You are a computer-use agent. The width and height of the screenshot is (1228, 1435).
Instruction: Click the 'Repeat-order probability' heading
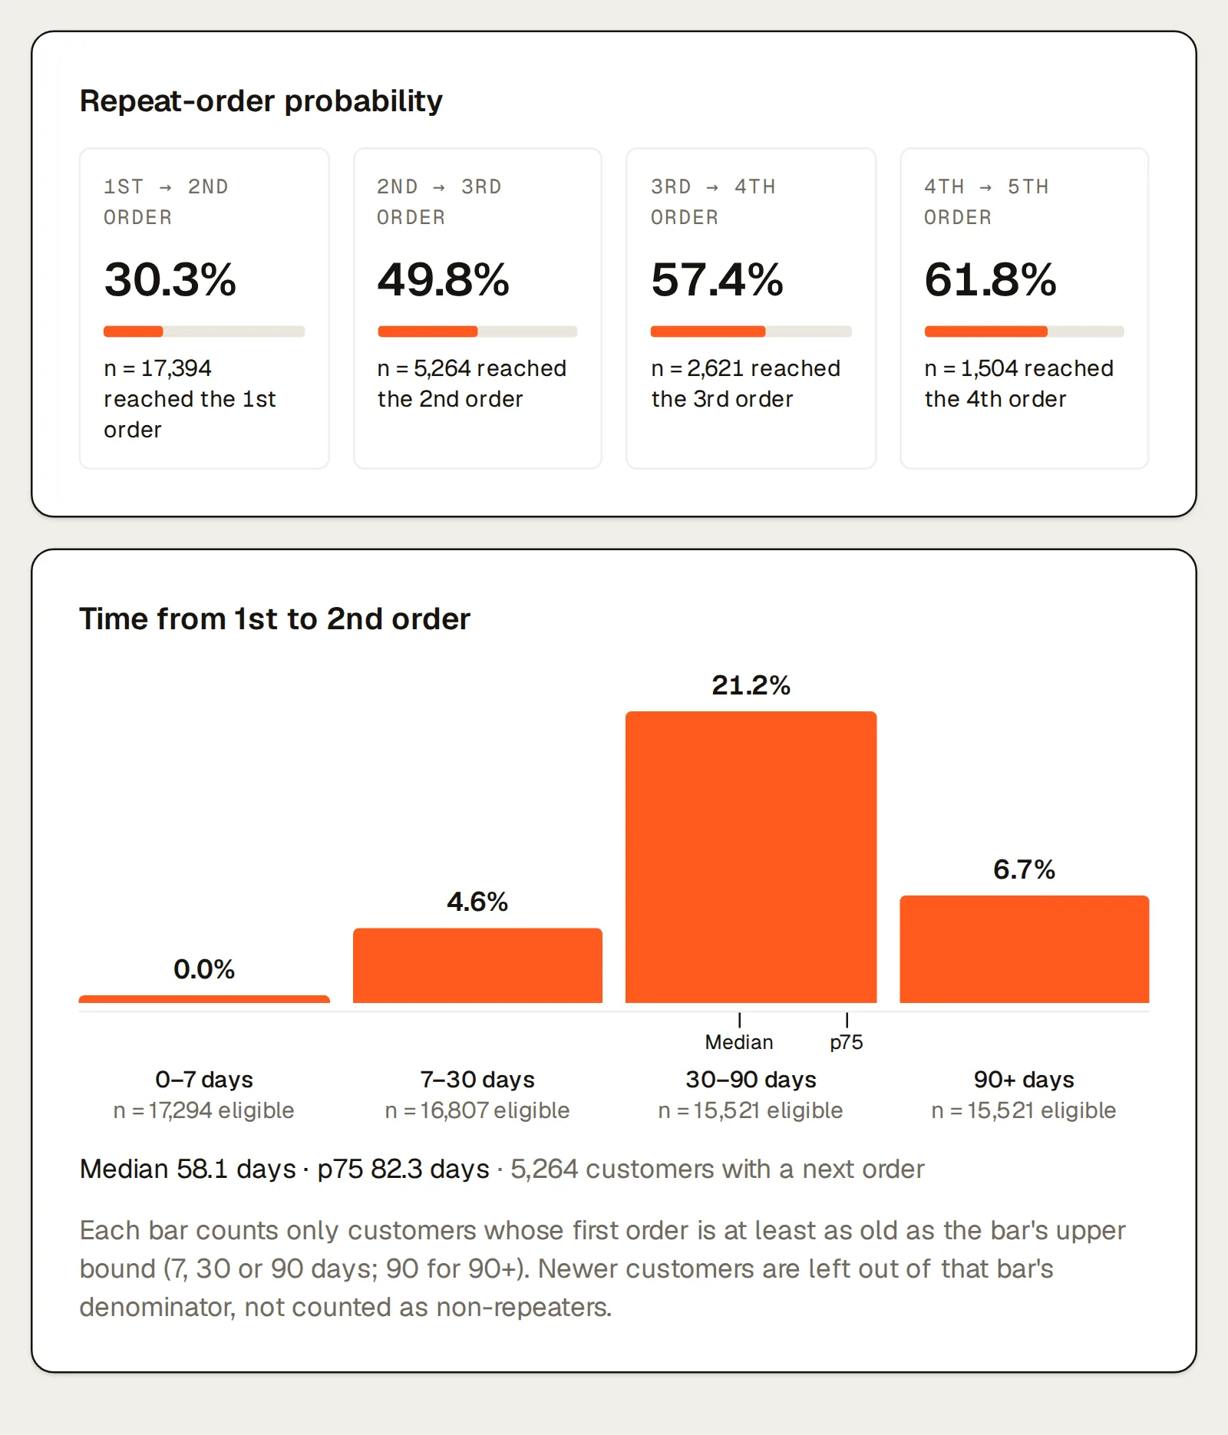(261, 101)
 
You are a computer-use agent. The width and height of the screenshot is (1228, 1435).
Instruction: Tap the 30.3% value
(170, 279)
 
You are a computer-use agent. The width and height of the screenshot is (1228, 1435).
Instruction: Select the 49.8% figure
(444, 279)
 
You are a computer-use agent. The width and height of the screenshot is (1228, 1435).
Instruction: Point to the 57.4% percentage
(717, 279)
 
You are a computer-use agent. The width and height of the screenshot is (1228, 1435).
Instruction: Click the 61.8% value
(991, 279)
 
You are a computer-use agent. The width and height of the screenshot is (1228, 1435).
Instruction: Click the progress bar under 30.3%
(204, 332)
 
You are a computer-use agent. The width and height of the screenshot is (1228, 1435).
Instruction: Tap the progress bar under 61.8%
(1025, 332)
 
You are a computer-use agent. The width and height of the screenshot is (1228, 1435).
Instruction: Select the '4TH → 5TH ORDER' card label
(986, 202)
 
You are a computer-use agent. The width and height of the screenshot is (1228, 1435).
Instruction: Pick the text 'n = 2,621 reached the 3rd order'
(745, 384)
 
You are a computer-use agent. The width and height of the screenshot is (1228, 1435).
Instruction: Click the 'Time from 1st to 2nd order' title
(275, 619)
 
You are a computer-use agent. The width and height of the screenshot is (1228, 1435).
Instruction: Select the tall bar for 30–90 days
(751, 857)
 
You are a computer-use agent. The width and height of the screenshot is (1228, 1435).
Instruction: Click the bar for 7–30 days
(477, 965)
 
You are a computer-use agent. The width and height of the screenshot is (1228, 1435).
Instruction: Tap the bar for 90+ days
(1025, 949)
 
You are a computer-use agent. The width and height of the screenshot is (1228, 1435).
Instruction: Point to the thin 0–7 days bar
(204, 999)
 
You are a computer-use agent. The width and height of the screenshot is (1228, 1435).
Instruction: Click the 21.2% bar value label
(751, 685)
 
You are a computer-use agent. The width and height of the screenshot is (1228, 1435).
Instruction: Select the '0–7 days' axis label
(204, 1080)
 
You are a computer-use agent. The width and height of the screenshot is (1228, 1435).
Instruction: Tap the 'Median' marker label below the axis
(739, 1042)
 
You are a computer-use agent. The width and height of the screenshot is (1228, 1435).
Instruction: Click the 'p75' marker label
(847, 1043)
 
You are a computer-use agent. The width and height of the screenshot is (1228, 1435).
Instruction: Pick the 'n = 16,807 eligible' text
(477, 1110)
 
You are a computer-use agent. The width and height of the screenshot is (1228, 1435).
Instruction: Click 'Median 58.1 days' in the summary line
(188, 1169)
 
